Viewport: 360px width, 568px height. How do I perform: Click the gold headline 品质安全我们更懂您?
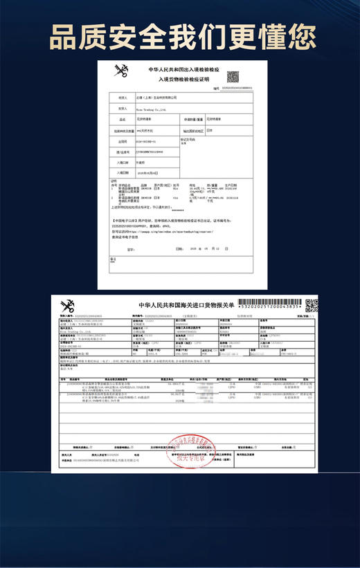tap(180, 33)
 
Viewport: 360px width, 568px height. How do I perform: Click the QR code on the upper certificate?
tap(233, 76)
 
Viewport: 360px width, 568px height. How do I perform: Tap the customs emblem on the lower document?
tap(68, 306)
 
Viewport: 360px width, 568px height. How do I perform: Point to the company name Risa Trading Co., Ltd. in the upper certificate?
tap(150, 109)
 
